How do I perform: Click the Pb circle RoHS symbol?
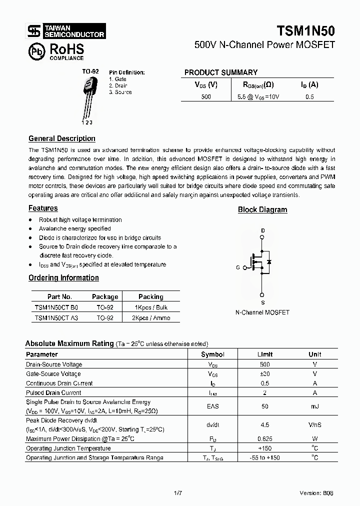coord(35,50)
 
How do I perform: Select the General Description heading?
coord(61,138)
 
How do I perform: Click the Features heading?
coord(43,208)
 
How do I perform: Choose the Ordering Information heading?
coord(63,277)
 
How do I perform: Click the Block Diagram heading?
coord(262,210)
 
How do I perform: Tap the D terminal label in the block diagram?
coord(262,230)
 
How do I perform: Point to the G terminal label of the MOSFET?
coord(238,267)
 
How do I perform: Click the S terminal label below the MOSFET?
coord(262,302)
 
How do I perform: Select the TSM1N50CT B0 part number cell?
coord(56,307)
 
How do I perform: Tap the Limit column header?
coord(265,354)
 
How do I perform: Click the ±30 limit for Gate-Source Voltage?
coord(265,374)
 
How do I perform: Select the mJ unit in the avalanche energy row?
coord(314,406)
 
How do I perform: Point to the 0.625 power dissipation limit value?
coord(265,438)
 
